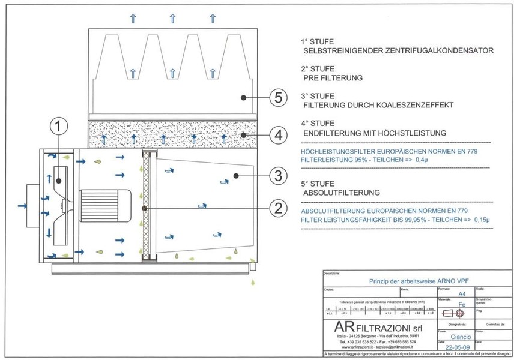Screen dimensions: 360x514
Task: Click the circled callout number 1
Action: pyautogui.click(x=58, y=127)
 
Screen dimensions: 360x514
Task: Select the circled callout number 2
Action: pyautogui.click(x=277, y=208)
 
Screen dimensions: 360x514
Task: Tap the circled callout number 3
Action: pyautogui.click(x=277, y=176)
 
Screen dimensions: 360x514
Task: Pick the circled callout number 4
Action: pyautogui.click(x=277, y=136)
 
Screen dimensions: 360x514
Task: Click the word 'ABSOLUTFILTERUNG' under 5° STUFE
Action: pyautogui.click(x=342, y=193)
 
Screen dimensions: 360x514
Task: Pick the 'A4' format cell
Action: pyautogui.click(x=461, y=294)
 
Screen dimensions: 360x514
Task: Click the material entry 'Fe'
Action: pyautogui.click(x=461, y=305)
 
